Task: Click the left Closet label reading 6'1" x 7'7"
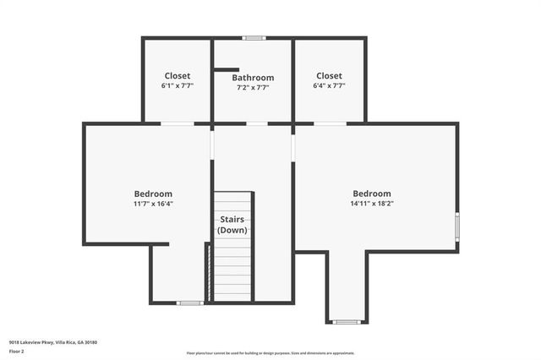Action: (178, 85)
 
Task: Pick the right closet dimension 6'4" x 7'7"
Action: (329, 85)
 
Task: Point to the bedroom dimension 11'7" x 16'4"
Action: (153, 204)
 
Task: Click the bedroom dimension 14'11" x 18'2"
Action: (372, 203)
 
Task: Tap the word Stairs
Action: (232, 220)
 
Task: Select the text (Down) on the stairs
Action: (232, 230)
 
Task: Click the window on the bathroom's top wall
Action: (254, 37)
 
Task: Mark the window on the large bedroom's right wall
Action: (457, 226)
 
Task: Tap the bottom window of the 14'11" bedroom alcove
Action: (346, 321)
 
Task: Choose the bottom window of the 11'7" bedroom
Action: (189, 303)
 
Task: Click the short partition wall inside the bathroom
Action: (227, 70)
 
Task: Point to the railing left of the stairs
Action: (208, 270)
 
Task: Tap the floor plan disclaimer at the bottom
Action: (270, 353)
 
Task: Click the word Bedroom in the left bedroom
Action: (153, 194)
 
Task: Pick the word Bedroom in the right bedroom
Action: (372, 193)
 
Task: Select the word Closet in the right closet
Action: (329, 75)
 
